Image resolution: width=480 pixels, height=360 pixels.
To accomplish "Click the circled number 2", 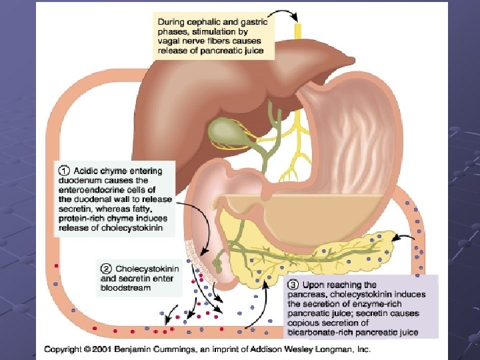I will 107,269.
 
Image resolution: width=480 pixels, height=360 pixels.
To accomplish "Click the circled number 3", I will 293,285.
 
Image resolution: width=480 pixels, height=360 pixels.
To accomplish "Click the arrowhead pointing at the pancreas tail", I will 396,236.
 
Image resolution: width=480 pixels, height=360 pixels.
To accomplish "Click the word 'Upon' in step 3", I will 314,285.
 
